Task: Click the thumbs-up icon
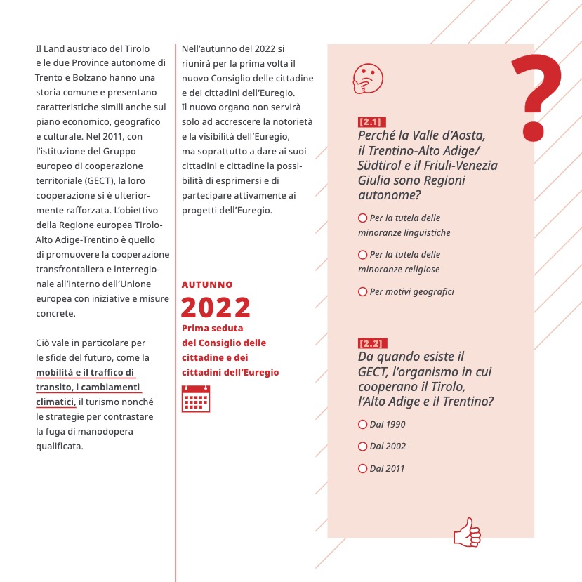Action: (467, 532)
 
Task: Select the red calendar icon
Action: (196, 398)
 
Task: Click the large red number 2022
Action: (216, 307)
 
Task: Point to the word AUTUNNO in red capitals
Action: (207, 284)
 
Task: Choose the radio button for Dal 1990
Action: (363, 424)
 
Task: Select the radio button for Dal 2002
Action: (363, 446)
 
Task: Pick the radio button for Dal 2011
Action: (363, 468)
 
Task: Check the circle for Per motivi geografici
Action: (363, 291)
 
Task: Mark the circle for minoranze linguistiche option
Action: (363, 218)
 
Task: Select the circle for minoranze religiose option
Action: (363, 255)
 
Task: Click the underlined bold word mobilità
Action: (55, 372)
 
